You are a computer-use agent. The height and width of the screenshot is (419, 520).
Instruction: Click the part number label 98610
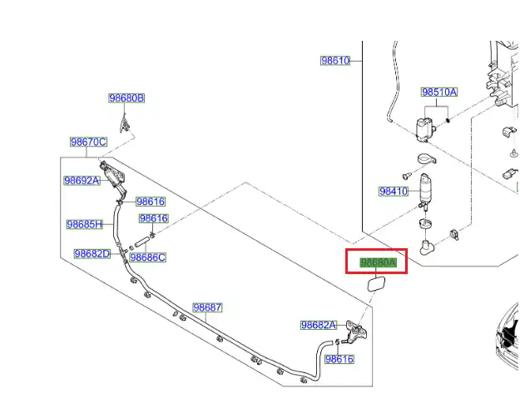(x=335, y=61)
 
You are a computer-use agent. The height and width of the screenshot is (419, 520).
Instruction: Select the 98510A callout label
(x=438, y=92)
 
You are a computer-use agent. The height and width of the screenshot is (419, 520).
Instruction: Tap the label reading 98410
(x=394, y=192)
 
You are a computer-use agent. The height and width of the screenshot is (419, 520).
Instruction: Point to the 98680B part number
(x=126, y=98)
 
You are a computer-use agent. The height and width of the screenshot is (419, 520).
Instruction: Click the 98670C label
(x=88, y=142)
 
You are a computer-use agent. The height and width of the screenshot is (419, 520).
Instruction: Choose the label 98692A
(x=82, y=181)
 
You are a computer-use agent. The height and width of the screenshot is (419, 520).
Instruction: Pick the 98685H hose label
(x=85, y=224)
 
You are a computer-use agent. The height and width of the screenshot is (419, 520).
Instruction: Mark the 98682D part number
(x=92, y=254)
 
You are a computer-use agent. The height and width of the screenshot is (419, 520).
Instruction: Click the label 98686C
(x=147, y=257)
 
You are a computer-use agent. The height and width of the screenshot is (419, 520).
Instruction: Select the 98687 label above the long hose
(x=207, y=307)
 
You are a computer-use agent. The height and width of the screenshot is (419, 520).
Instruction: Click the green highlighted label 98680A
(x=378, y=262)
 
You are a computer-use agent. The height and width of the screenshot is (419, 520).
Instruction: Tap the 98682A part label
(x=319, y=325)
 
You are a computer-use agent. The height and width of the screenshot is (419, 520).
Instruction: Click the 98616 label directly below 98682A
(x=339, y=359)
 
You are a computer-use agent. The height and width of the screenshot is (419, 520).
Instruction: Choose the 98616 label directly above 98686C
(x=154, y=219)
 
